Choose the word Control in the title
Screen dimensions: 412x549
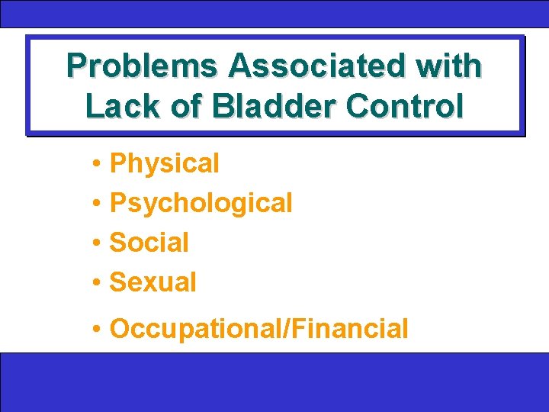(x=404, y=106)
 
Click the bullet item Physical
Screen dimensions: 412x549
(x=164, y=163)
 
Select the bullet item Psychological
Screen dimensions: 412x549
(x=201, y=203)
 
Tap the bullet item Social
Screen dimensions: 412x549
(x=149, y=243)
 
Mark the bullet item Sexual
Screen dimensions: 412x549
(x=152, y=282)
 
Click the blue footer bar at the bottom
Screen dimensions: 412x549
(x=274, y=381)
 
